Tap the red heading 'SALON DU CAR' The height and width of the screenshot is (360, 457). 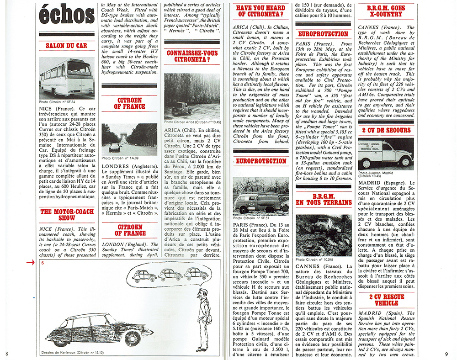67,46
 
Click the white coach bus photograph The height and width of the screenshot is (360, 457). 67,77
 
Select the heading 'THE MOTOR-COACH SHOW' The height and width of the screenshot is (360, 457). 67,214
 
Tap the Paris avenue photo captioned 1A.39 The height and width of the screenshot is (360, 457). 129,139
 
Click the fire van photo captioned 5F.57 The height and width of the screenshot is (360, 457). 260,195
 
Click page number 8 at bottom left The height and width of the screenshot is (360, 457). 7,354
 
